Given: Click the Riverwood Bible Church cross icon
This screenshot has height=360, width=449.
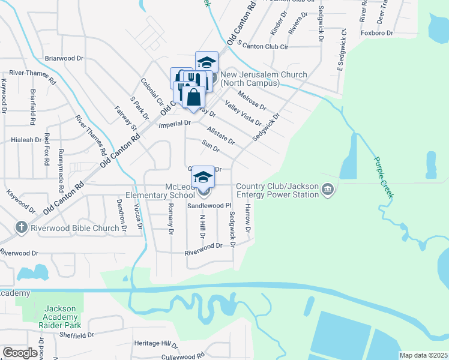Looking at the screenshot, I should point(22,227).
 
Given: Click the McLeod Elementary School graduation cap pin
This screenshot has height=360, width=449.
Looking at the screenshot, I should point(203,177).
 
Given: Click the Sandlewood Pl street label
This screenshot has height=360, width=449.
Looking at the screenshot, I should point(209,205).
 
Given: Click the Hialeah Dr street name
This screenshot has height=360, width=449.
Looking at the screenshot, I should point(26,139).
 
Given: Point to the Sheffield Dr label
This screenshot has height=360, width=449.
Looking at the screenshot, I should point(77,336).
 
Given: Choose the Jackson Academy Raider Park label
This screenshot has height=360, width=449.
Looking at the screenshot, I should point(60,313).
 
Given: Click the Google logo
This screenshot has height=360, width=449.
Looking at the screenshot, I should point(19,353).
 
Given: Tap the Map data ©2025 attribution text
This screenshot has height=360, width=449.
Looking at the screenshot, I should point(423,355).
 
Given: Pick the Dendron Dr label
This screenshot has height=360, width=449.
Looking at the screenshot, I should point(122,217).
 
